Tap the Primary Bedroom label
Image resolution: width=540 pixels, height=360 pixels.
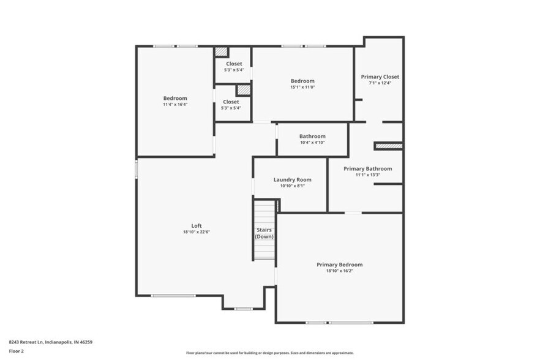(x=339, y=264)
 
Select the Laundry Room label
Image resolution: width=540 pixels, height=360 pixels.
(x=292, y=179)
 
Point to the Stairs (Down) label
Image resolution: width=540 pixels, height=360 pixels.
(x=264, y=233)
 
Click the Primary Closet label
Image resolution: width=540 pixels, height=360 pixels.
(x=380, y=77)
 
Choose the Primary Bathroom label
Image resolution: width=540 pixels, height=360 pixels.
(x=367, y=168)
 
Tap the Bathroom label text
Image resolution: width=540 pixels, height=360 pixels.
(x=312, y=136)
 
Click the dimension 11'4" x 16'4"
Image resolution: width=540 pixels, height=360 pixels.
(x=175, y=105)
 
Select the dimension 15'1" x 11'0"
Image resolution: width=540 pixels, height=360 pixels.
(x=302, y=87)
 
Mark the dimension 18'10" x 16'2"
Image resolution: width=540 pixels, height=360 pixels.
(x=339, y=271)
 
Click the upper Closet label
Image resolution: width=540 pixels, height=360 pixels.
(x=234, y=64)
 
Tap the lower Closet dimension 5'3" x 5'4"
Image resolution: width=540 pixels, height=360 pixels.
(x=231, y=108)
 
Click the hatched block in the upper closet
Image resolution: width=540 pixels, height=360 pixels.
(x=221, y=52)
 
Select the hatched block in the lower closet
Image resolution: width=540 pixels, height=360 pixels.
(x=244, y=89)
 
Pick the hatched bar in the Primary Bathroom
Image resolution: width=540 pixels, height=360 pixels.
(x=388, y=146)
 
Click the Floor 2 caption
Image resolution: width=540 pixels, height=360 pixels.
(x=16, y=351)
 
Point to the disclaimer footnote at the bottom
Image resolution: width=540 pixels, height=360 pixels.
(x=269, y=353)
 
